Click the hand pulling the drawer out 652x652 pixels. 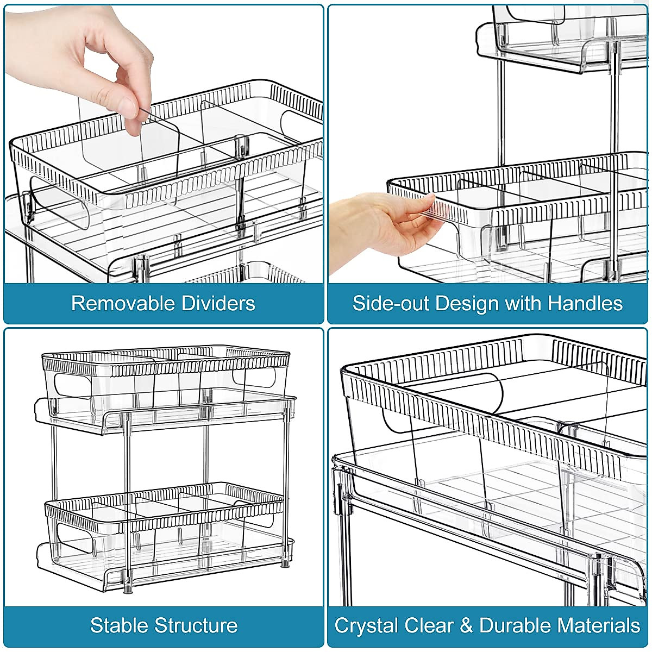tap(380, 228)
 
